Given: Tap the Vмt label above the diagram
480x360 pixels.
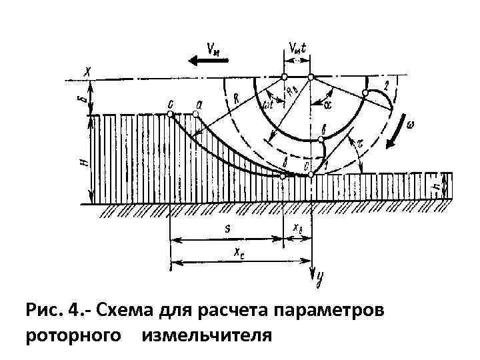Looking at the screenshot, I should [297, 48].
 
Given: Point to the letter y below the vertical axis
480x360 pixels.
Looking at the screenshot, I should [319, 278].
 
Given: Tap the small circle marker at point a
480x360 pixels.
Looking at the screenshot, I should [196, 115].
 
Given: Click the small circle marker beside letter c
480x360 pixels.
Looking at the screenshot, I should [171, 115].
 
